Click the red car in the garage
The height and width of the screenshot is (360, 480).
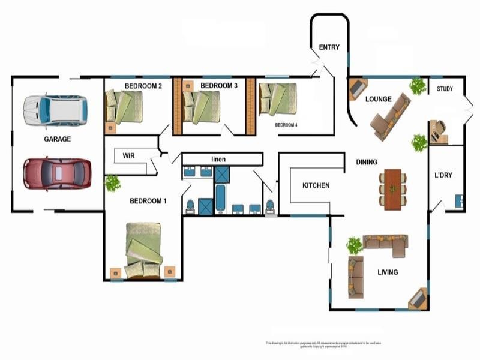pyautogui.click(x=57, y=174)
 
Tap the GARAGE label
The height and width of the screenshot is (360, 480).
pyautogui.click(x=57, y=139)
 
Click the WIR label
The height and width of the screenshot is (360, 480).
pyautogui.click(x=128, y=155)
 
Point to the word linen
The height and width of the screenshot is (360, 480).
pyautogui.click(x=218, y=159)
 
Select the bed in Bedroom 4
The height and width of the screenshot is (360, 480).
pyautogui.click(x=278, y=98)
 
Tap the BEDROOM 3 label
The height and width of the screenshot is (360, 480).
pyautogui.click(x=219, y=86)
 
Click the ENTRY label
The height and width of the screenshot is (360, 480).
pyautogui.click(x=329, y=47)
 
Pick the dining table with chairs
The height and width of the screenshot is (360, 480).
pyautogui.click(x=393, y=189)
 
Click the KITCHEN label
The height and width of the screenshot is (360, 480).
pyautogui.click(x=316, y=185)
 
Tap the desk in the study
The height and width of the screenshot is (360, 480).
pyautogui.click(x=437, y=132)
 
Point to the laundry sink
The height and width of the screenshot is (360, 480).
pyautogui.click(x=459, y=200)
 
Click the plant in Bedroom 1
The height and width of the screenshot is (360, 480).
pyautogui.click(x=112, y=183)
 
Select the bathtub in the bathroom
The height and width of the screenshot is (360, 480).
pyautogui.click(x=221, y=200)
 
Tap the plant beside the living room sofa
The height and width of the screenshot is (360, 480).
pyautogui.click(x=355, y=245)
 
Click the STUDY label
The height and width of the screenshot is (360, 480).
pyautogui.click(x=445, y=89)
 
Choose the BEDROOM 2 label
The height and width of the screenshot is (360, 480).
pyautogui.click(x=143, y=86)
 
